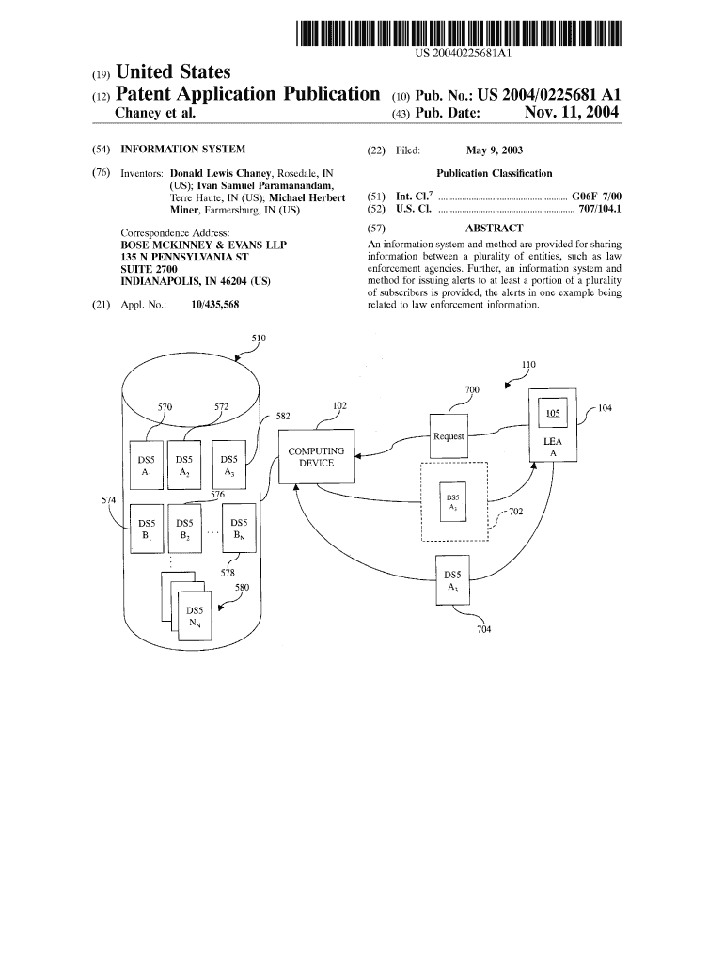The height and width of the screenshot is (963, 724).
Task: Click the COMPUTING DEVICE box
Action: click(x=316, y=457)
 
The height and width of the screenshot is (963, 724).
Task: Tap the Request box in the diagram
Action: click(x=449, y=436)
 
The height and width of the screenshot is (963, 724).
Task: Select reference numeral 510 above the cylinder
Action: click(x=259, y=339)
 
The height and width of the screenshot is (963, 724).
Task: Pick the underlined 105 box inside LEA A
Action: click(x=553, y=414)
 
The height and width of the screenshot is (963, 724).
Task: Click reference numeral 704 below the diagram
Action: click(x=483, y=630)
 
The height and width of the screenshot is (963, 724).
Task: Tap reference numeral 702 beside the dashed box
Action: click(x=515, y=513)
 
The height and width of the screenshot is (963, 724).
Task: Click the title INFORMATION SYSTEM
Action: click(x=182, y=150)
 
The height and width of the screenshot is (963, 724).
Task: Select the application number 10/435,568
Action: click(x=214, y=305)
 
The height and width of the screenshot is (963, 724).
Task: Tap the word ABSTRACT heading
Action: click(x=494, y=228)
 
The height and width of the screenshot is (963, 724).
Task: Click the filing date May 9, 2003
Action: click(x=495, y=150)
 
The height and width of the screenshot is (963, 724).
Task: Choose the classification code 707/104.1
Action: click(x=599, y=208)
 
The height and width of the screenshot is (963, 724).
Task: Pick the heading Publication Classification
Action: click(x=495, y=173)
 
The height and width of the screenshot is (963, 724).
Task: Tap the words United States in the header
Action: click(x=172, y=72)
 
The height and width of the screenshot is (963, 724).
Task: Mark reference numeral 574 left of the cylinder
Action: click(x=109, y=499)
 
